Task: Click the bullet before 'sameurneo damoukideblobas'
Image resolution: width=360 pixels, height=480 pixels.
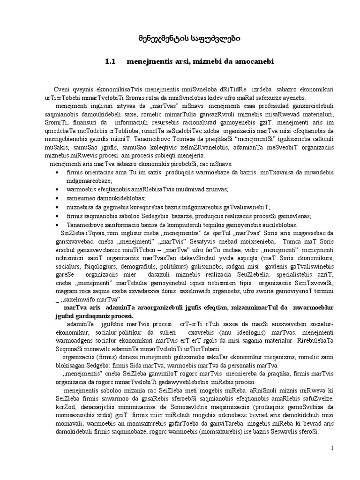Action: tap(57, 199)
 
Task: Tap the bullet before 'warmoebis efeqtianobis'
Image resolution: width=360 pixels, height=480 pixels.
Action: tap(57, 189)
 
